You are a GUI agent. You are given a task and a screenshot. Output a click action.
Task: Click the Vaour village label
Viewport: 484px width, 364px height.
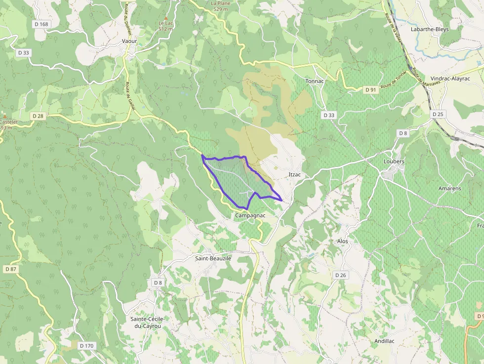129,41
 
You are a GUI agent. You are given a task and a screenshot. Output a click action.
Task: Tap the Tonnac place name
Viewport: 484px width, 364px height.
315,81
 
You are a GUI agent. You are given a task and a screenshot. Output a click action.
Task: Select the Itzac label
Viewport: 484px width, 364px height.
295,175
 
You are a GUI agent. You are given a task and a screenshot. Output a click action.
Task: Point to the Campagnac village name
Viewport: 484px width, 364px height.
250,215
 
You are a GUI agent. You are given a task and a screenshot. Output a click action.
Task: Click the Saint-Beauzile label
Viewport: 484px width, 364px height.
213,258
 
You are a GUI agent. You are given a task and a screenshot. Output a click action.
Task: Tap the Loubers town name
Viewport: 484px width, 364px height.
394,162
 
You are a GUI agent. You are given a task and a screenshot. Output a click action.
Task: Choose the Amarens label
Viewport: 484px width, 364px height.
449,189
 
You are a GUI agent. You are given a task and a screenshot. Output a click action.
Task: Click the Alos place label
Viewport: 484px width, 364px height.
342,241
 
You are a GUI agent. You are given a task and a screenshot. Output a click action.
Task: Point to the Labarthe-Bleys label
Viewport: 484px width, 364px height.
430,29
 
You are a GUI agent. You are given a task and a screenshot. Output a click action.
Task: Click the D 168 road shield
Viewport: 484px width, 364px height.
42,24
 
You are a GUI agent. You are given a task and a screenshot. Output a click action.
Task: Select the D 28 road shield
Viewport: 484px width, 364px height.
38,116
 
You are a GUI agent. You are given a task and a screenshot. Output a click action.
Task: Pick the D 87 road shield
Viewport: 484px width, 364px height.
10,269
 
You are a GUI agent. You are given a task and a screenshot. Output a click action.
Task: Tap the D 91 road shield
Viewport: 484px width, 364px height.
371,90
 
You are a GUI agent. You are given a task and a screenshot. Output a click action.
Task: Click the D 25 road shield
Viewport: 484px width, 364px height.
438,114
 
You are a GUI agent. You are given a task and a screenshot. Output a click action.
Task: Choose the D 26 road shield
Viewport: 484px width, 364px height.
340,275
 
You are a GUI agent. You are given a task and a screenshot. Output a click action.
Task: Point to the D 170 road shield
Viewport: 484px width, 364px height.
86,346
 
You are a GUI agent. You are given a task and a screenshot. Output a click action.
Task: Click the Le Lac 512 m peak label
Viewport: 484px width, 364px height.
165,26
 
